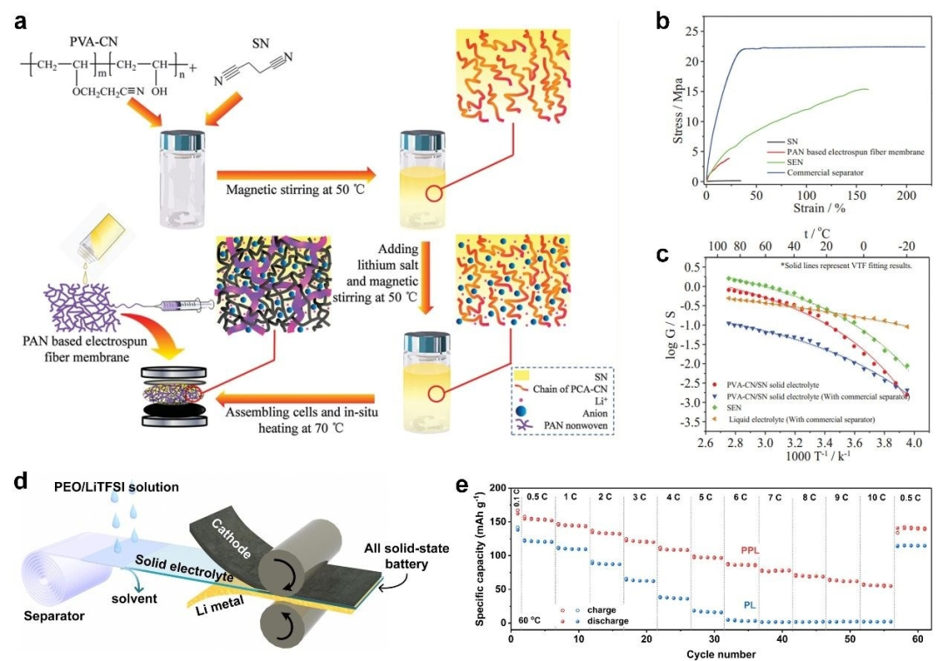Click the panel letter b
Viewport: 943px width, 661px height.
click(663, 19)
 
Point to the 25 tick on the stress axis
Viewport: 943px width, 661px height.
click(692, 32)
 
